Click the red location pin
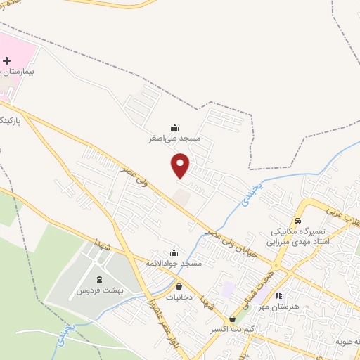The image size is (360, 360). point(181,166)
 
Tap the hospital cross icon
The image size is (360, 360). point(7,61)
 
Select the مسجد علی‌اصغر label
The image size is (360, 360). point(174,139)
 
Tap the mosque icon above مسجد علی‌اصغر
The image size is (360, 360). point(174,128)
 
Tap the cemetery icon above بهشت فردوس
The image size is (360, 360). point(98,280)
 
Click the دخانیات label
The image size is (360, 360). point(179,297)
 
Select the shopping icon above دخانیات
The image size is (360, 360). point(179,287)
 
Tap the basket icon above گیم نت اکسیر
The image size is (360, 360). point(232,319)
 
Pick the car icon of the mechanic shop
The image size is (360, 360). point(297,219)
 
